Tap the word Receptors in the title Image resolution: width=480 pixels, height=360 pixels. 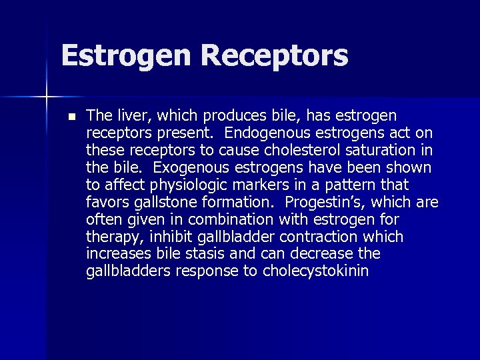274,56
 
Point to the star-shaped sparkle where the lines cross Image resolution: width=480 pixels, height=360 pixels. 47,98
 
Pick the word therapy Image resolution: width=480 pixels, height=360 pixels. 109,237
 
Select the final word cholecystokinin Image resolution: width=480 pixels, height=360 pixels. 315,271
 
